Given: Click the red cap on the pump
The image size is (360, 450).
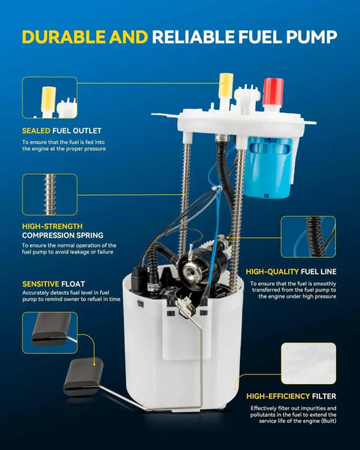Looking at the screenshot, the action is point(273,91).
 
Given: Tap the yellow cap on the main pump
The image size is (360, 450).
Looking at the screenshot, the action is point(226,85).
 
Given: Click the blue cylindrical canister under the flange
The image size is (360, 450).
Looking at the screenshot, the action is point(268,167).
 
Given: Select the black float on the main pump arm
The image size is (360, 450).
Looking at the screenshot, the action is point(83,376).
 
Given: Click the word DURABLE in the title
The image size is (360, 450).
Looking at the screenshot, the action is point(64,37).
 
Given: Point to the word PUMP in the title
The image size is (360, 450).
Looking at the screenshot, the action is point(311,37).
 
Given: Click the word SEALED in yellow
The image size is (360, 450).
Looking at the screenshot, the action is point(36,130).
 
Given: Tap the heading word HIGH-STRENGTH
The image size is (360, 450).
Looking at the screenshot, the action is point(52,226).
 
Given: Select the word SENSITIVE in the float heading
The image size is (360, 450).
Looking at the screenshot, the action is point(40,284).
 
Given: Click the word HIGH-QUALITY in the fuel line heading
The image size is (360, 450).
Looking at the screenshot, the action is point(272,271).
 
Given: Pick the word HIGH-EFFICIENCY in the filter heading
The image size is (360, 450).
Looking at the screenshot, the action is point(278,396).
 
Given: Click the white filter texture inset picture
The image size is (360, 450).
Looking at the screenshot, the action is point(308,363).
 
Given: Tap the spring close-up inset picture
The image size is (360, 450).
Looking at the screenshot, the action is point(49,194).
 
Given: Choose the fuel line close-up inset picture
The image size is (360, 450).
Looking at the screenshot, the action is point(308,237).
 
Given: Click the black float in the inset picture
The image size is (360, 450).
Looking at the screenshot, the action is point(51,329).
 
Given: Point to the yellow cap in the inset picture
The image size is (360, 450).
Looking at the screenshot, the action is point(48,99).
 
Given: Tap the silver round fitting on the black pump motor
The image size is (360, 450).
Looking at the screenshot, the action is point(190,269).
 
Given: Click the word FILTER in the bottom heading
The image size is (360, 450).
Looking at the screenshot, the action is point(324,396).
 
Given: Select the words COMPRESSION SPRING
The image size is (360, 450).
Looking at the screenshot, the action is point(62,235).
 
